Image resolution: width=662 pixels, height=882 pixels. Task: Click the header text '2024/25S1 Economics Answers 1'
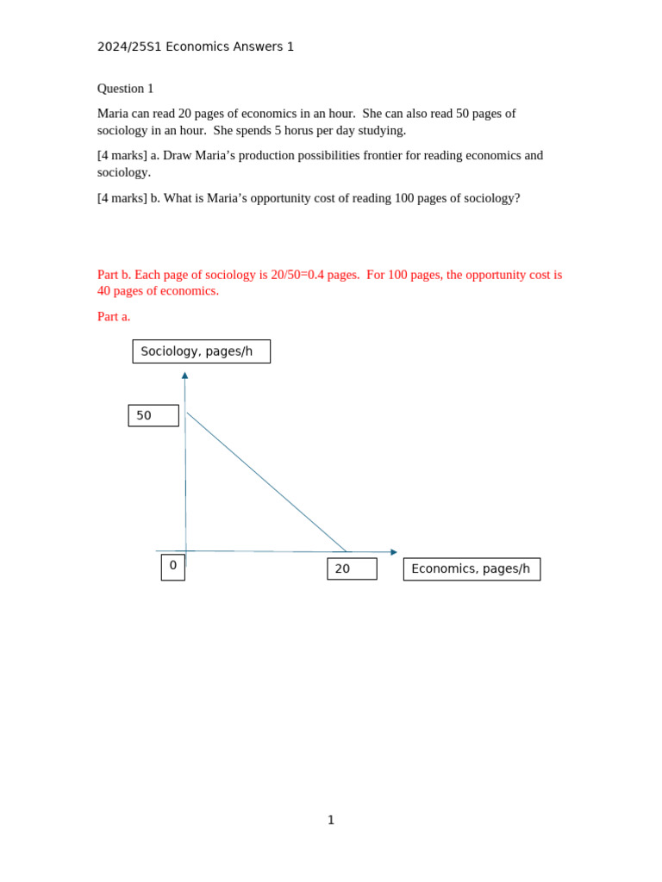(x=195, y=47)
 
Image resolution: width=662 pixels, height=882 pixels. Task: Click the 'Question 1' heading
(x=125, y=89)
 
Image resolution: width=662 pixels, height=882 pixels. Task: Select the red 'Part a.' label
(x=114, y=316)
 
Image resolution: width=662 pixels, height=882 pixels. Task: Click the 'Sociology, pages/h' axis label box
(x=201, y=351)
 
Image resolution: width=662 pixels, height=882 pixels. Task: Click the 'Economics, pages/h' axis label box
(x=471, y=568)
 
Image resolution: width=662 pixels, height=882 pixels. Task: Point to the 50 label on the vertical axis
(x=153, y=415)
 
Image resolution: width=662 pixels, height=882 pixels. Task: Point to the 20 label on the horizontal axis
(x=351, y=568)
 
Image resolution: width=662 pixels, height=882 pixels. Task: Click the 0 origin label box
(x=172, y=566)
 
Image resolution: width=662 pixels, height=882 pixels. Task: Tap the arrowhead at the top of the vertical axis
(x=184, y=376)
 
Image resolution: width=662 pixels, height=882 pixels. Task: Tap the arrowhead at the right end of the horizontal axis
(x=394, y=552)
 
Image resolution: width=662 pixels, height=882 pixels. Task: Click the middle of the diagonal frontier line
(x=266, y=481)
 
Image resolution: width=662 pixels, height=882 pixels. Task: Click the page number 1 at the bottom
(x=330, y=820)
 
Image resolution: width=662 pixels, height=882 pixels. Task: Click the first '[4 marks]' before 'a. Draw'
(x=122, y=155)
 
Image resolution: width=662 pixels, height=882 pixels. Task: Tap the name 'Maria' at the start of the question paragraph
(x=112, y=114)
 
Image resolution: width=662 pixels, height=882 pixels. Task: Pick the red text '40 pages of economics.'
(x=158, y=291)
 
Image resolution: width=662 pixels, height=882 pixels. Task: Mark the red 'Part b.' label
(x=114, y=275)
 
